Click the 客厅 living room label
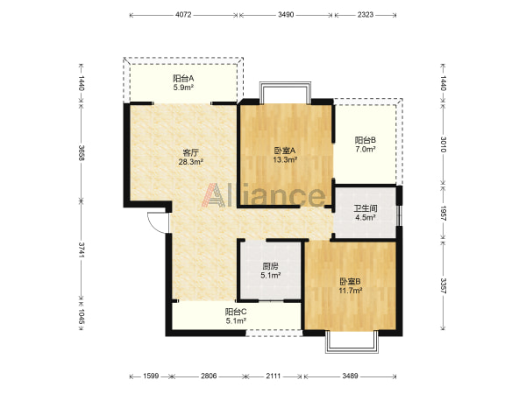point(190,152)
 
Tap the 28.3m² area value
point(190,163)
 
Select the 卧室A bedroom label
point(285,151)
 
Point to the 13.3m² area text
point(285,160)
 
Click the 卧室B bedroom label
point(350,281)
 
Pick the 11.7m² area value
point(350,291)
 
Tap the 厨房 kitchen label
point(270,266)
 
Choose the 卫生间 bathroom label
point(366,208)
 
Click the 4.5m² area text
point(366,218)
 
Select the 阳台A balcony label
point(183,79)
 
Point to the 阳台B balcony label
point(366,140)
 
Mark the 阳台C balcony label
point(236,312)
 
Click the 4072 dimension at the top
point(183,15)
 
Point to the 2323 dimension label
point(366,15)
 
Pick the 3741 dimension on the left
point(81,250)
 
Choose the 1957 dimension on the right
point(443,213)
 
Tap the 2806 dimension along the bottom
point(210,376)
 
